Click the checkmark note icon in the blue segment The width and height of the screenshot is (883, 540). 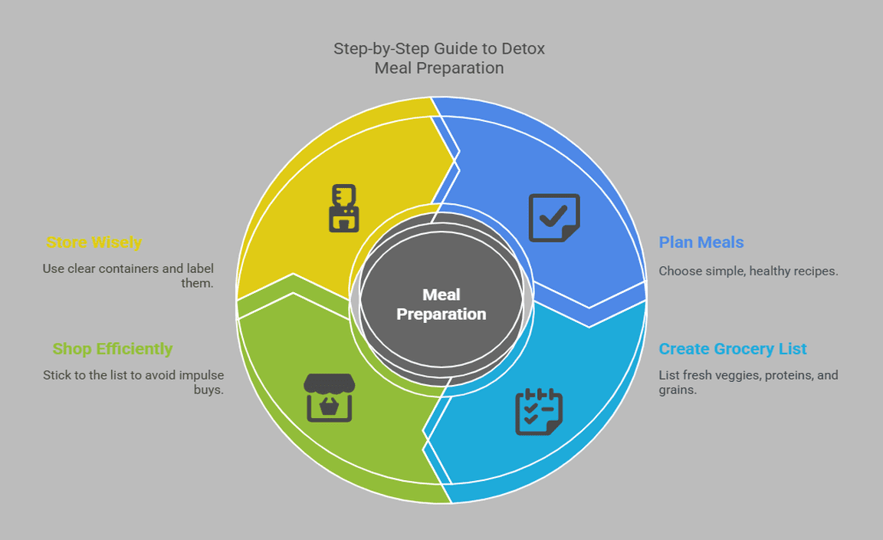554,218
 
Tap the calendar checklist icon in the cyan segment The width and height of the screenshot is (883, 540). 538,412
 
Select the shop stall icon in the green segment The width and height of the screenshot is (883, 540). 330,397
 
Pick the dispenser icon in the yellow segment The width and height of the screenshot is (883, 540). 344,208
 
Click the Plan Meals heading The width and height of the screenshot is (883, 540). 701,242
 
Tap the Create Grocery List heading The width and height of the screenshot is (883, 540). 733,349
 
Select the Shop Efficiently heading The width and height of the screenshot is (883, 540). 113,349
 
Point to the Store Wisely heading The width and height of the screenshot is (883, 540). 94,242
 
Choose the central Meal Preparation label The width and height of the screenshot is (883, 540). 441,304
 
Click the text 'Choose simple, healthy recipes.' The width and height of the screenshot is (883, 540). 748,271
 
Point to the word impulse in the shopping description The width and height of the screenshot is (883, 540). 199,375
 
